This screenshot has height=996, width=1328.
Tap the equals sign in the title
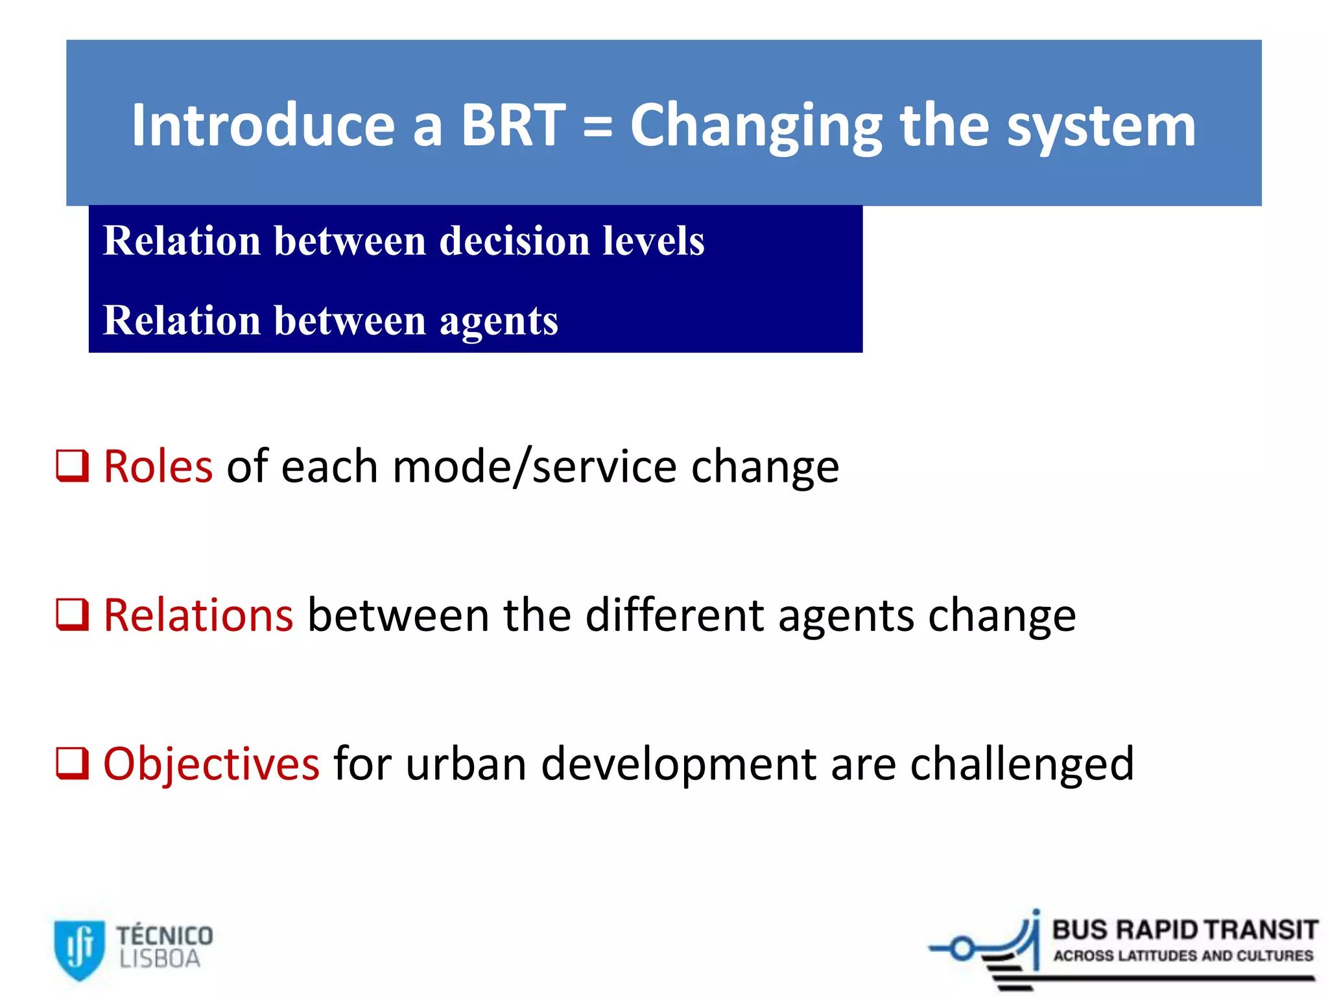[x=597, y=127]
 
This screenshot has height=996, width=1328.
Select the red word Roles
[x=158, y=467]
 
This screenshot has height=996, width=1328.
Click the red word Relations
[x=198, y=615]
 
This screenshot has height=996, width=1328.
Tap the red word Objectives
[x=211, y=764]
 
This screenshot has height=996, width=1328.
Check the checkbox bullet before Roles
[x=72, y=466]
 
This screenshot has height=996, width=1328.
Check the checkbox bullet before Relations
[x=72, y=615]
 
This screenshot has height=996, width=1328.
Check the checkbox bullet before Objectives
[x=72, y=763]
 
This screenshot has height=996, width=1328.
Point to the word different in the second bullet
[x=674, y=615]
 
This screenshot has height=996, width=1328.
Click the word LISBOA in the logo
[x=160, y=959]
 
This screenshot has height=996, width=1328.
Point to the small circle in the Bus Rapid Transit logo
[x=962, y=949]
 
